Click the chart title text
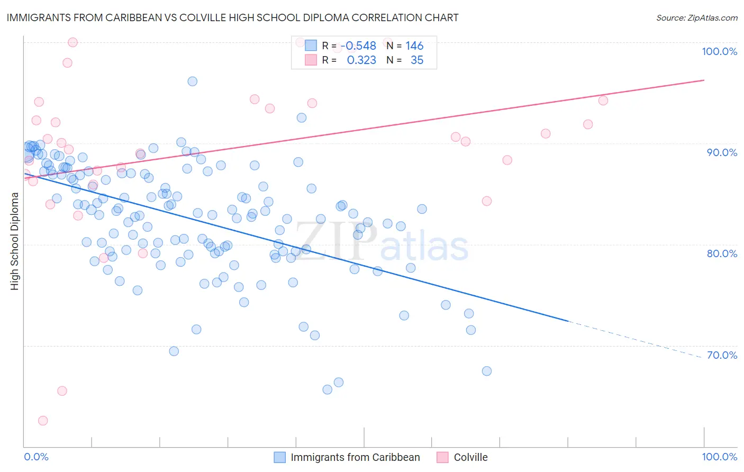tap(232, 17)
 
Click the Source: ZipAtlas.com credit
tap(696, 17)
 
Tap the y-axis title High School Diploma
tap(15, 241)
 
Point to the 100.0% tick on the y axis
tap(719, 51)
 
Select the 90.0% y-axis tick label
tap(722, 152)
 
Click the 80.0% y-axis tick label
tap(722, 253)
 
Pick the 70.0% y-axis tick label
tap(722, 355)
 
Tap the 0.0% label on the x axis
tap(36, 457)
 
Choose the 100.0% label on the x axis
tap(719, 457)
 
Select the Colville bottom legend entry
tap(470, 457)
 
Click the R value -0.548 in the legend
tap(360, 46)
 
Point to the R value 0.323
tap(361, 60)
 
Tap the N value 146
tap(414, 46)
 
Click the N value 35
tap(417, 60)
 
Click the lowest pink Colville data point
tap(43, 421)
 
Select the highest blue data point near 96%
tap(193, 81)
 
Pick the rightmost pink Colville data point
tap(603, 101)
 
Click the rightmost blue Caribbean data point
tap(487, 371)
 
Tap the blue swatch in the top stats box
tap(311, 46)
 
